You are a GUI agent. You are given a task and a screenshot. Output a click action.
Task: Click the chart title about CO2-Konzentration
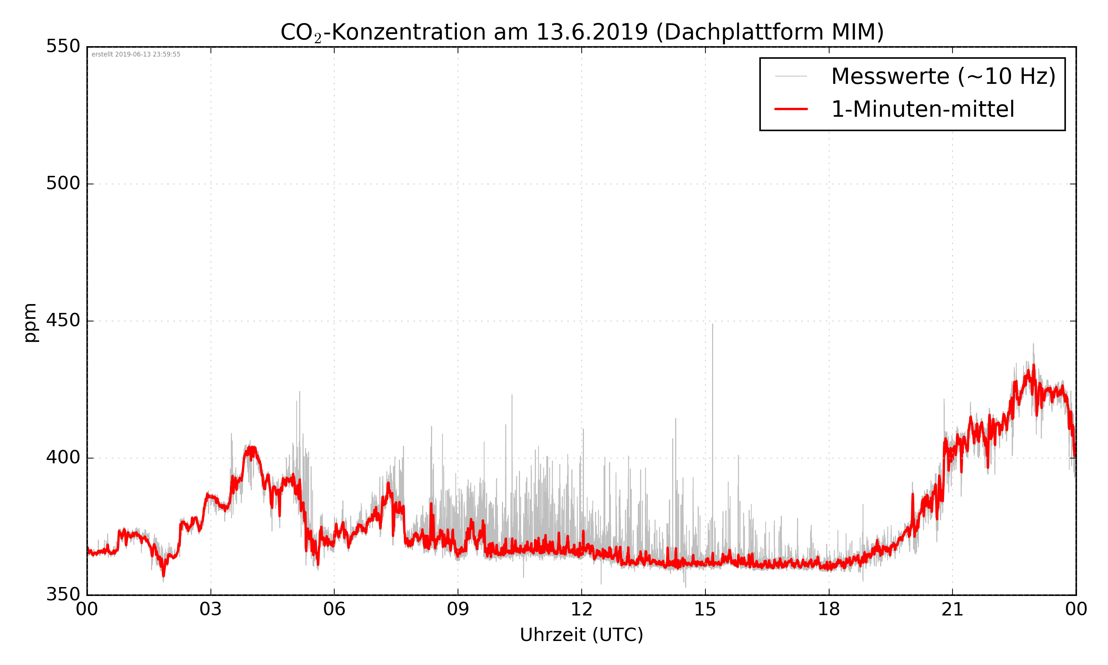[582, 32]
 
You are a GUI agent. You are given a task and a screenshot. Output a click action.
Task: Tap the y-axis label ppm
[30, 322]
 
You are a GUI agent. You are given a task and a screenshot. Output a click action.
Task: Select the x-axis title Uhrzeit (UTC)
[581, 635]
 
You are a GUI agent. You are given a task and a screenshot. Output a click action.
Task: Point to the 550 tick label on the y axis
[63, 46]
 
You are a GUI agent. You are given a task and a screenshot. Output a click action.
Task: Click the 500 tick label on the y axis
[63, 183]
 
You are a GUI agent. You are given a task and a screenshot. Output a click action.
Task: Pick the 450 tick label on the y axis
[63, 320]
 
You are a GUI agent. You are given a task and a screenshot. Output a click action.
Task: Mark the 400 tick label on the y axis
[63, 457]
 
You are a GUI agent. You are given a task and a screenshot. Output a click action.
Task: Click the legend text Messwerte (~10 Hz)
[943, 76]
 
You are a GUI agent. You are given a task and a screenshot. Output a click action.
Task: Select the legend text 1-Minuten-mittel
[923, 109]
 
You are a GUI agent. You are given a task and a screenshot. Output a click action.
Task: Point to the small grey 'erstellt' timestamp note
[136, 55]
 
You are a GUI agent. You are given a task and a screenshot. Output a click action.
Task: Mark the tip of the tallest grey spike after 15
[712, 324]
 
